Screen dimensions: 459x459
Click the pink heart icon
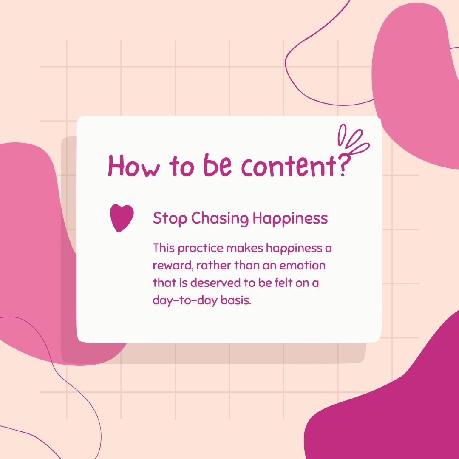122,218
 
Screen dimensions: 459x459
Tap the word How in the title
134,165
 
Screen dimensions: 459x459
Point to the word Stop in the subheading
170,219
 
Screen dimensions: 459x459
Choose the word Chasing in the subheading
220,219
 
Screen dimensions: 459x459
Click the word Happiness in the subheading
290,219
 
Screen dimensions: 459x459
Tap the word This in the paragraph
164,248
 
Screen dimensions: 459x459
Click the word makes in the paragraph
245,248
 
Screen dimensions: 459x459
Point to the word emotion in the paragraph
303,266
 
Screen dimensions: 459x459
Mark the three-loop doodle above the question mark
353,139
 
